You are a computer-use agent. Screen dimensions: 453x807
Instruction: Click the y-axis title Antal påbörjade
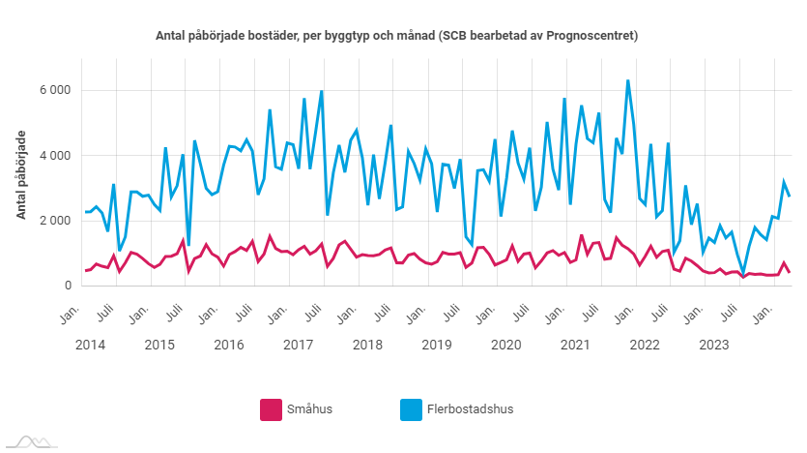[21, 175]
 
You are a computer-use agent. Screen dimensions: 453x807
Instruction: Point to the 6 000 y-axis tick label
[54, 90]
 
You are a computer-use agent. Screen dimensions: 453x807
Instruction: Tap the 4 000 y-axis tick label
[54, 155]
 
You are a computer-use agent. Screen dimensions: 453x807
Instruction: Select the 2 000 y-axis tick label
[54, 221]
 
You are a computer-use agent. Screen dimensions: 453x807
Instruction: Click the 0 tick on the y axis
[67, 286]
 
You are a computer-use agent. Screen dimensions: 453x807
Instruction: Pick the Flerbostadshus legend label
[470, 409]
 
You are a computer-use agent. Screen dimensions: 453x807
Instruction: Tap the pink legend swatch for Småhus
[271, 409]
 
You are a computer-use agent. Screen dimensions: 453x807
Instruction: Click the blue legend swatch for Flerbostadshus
[411, 409]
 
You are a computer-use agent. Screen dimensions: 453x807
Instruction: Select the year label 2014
[90, 346]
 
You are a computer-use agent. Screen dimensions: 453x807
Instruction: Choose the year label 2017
[298, 346]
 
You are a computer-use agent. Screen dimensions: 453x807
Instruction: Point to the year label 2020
[505, 346]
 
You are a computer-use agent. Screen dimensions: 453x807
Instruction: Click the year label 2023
[713, 346]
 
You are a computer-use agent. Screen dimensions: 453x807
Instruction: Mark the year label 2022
[645, 346]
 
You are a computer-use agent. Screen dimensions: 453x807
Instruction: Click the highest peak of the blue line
[628, 80]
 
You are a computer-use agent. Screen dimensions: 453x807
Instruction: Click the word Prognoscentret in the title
[591, 36]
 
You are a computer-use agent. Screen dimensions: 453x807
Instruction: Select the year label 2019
[437, 346]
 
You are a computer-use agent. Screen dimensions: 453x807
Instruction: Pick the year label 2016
[229, 346]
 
